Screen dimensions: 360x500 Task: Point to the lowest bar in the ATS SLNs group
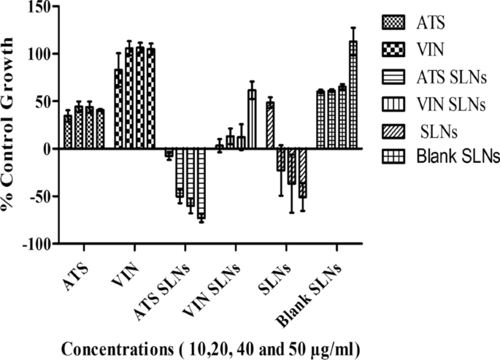(x=201, y=183)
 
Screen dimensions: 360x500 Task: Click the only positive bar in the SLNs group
(x=269, y=125)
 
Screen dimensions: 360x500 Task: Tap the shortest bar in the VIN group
(x=118, y=109)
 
